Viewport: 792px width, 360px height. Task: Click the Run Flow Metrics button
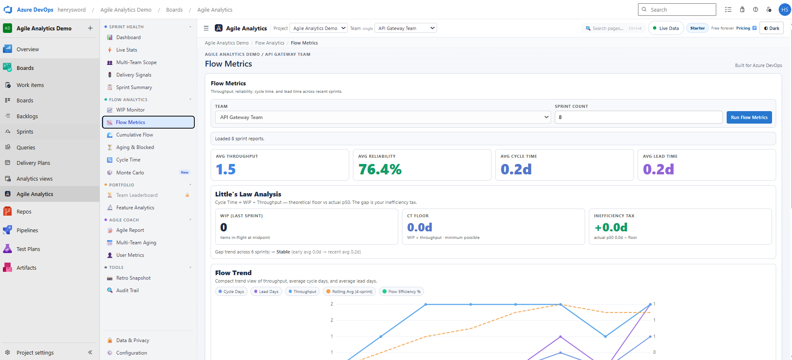749,117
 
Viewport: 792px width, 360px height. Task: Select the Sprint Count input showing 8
638,117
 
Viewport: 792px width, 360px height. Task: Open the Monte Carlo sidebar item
130,173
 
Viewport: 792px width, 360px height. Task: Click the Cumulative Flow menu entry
134,135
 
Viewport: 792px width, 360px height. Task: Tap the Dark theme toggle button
772,28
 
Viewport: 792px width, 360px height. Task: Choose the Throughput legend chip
302,292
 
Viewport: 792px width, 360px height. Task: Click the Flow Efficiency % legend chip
401,292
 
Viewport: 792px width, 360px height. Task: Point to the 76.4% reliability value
380,169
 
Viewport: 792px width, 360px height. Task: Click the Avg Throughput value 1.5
226,169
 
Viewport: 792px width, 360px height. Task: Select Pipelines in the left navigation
27,231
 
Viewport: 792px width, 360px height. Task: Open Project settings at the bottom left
35,353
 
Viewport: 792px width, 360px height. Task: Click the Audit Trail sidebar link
127,290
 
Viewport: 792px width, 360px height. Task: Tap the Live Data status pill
666,28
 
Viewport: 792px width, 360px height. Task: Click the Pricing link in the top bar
743,28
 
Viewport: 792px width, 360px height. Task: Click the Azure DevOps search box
677,10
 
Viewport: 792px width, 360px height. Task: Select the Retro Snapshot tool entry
133,278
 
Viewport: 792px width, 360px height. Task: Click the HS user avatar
785,10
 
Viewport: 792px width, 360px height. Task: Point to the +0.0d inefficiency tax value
611,228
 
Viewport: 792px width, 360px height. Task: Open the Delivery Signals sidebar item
134,75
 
